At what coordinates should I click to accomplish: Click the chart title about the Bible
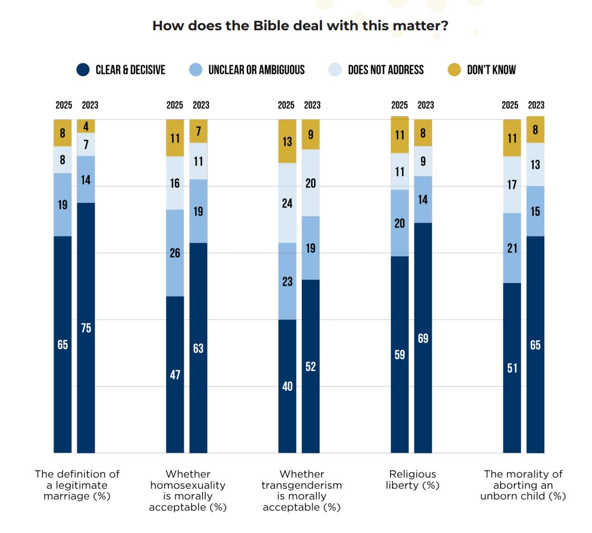[x=296, y=26]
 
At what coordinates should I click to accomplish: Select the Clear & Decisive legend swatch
[x=83, y=69]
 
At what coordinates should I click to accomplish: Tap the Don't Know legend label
[x=491, y=69]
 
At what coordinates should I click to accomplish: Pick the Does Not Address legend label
[x=385, y=69]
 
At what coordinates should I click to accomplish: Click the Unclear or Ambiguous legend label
[x=256, y=69]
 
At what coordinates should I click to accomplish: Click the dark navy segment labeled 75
[x=86, y=328]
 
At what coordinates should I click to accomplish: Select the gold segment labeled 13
[x=287, y=141]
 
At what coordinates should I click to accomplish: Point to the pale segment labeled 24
[x=287, y=203]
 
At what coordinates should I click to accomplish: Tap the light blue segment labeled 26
[x=175, y=253]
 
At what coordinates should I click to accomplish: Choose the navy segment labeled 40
[x=287, y=386]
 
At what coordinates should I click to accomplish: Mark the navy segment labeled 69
[x=423, y=338]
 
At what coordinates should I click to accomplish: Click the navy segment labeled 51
[x=512, y=368]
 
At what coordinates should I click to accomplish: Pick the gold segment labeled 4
[x=86, y=126]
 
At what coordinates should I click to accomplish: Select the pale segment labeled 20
[x=311, y=183]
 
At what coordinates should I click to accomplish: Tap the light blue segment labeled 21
[x=512, y=248]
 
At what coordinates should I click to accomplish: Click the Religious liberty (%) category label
[x=412, y=480]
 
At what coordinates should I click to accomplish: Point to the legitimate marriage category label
[x=77, y=485]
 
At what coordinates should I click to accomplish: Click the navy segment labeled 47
[x=175, y=374]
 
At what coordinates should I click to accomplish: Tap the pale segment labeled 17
[x=512, y=184]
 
